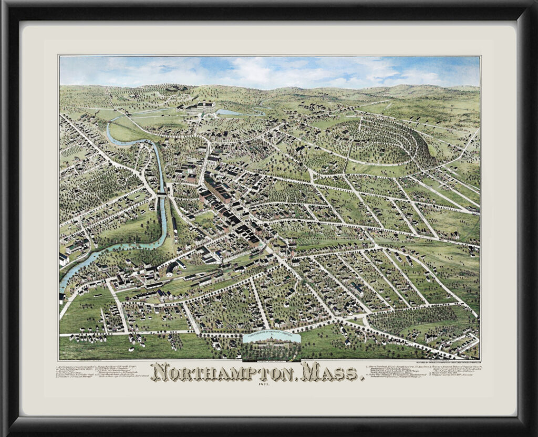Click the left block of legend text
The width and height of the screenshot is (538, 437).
pos(100,371)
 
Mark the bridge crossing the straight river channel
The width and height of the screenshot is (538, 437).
pos(162,194)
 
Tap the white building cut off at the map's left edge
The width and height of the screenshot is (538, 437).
pos(64,258)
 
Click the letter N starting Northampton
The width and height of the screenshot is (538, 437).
pos(160,372)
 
